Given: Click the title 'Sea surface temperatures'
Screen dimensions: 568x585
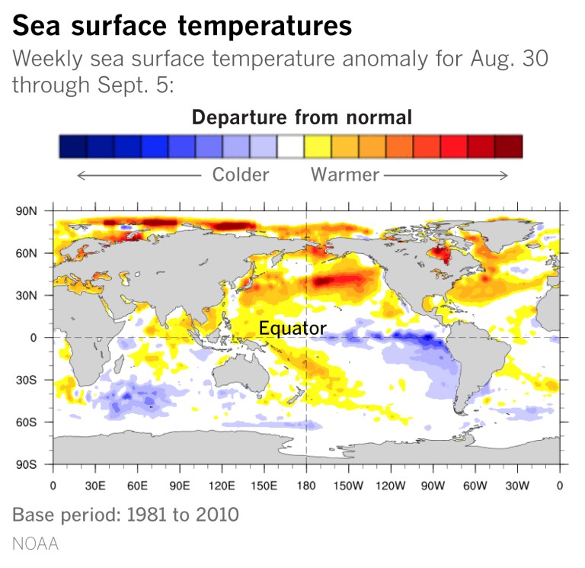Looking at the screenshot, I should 182,27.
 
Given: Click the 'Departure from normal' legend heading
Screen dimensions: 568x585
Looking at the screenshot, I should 302,117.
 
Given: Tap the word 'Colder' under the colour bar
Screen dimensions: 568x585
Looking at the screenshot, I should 241,175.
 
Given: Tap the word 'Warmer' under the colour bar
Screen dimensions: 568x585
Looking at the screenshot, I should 344,175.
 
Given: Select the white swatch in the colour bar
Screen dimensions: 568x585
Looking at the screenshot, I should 290,146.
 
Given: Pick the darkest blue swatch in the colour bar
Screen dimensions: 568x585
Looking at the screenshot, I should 73,146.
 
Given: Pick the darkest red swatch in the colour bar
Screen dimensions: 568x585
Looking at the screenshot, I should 508,146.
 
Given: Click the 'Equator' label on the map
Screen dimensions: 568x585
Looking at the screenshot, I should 292,329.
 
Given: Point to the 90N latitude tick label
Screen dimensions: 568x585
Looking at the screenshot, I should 26,210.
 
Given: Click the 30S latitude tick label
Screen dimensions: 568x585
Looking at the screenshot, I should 26,380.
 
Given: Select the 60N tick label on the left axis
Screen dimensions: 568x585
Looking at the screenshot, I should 26,253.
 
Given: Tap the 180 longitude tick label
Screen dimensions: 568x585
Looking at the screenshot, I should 305,486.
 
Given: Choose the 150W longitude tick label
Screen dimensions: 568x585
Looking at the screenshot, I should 348,486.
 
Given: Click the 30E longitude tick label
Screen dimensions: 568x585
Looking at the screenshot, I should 94,486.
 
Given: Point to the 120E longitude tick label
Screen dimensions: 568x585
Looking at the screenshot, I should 221,486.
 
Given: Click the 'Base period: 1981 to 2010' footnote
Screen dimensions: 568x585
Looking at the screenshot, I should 126,515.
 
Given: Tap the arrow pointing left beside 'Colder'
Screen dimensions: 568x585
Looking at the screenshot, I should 137,175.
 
